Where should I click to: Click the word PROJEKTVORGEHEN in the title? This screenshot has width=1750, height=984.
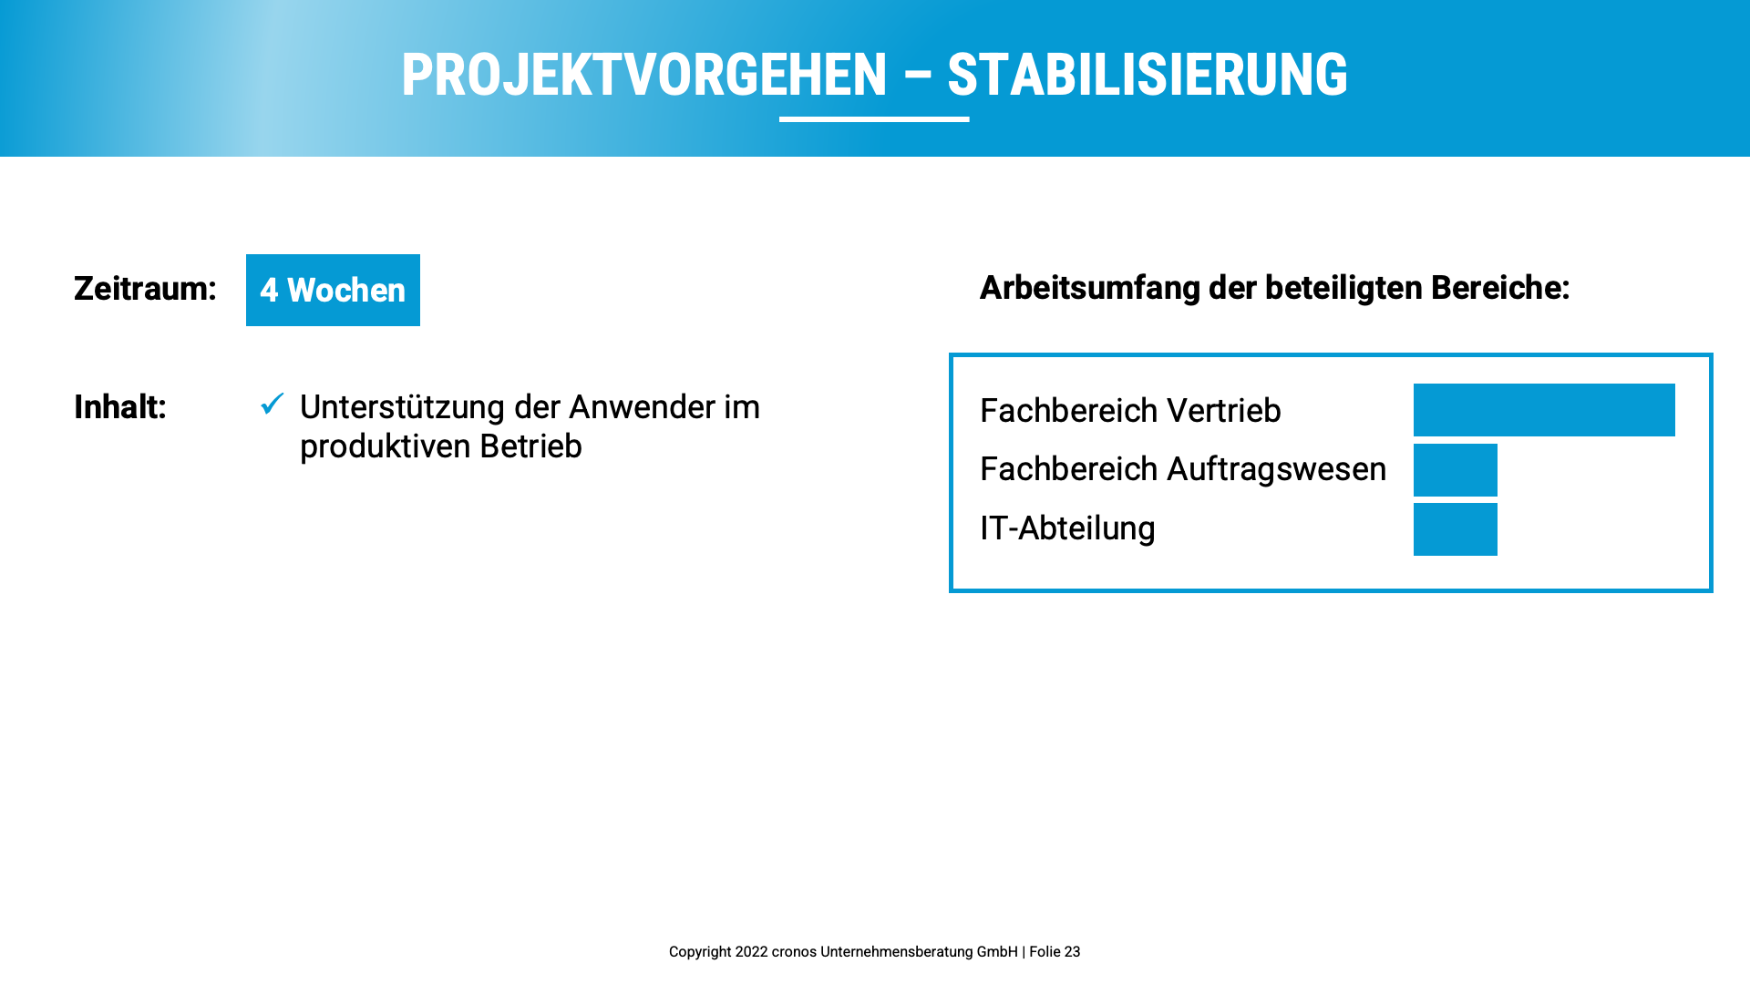tap(644, 75)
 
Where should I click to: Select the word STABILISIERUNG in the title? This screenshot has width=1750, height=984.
tap(1148, 75)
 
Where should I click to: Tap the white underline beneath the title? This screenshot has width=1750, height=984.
tap(874, 118)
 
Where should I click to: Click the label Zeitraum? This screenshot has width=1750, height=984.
tap(145, 289)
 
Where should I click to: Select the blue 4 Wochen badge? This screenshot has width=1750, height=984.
tap(333, 290)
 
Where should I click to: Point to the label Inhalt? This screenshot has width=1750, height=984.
tap(120, 407)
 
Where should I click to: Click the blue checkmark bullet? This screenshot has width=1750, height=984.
tap(273, 403)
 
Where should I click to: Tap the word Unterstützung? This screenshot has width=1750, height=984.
tap(402, 407)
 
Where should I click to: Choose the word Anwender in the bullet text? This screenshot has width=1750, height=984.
tap(642, 407)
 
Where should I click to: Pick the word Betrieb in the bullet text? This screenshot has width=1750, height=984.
tap(530, 446)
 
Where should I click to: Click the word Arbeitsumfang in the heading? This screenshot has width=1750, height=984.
tap(1090, 288)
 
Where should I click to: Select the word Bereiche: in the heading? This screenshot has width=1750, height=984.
tap(1500, 288)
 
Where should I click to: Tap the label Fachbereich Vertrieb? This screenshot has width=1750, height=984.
tap(1130, 411)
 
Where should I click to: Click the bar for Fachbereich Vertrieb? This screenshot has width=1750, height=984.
tap(1544, 410)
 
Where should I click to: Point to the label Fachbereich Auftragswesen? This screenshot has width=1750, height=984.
tap(1183, 469)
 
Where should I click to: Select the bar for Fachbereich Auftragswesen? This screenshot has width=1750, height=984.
tap(1456, 470)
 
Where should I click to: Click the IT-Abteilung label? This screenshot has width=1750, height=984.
tap(1067, 528)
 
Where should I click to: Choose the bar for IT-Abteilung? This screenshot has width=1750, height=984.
tap(1456, 529)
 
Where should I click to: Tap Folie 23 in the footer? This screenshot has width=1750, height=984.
tap(1055, 952)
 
